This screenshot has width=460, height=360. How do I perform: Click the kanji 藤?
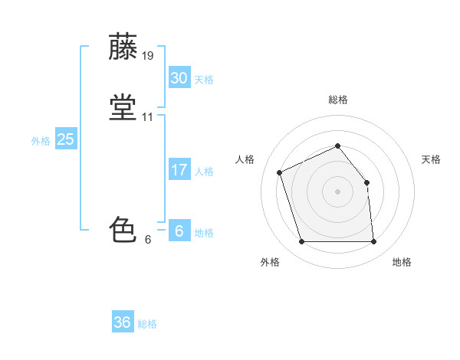point(123,46)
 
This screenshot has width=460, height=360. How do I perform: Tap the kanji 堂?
point(123,107)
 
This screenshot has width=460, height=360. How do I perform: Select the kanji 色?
point(123,229)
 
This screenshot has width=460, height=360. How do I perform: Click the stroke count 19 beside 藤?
point(147,56)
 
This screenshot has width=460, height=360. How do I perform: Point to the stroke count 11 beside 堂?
point(147,117)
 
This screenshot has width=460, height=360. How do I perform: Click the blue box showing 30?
point(179,77)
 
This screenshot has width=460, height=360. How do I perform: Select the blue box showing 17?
point(179,169)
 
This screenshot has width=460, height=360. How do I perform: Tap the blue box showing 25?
point(66,139)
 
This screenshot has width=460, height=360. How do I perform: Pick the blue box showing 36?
point(123,321)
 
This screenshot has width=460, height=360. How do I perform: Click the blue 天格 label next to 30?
point(204,80)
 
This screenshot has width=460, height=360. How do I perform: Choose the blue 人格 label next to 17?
point(204,172)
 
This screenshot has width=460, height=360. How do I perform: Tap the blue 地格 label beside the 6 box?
point(204,233)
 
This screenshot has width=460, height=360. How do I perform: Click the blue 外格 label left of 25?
point(41,141)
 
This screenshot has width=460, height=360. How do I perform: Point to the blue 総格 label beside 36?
point(147,324)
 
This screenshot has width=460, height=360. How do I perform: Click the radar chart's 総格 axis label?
point(338,100)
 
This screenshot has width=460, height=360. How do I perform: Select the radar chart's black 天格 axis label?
point(431,159)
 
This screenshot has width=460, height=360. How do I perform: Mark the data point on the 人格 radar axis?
point(280,172)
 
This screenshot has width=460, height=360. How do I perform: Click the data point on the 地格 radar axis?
point(374,241)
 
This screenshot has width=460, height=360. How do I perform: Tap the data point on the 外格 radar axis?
point(302,241)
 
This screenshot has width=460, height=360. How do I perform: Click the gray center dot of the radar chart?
point(337,191)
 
